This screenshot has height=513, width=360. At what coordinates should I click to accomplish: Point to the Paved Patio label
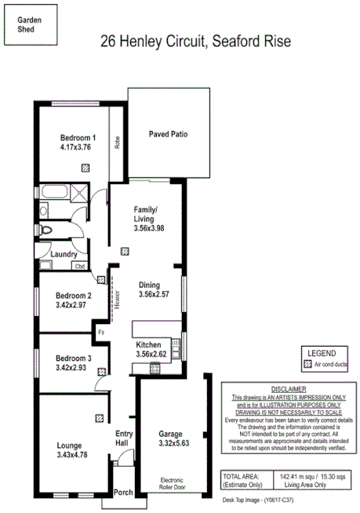click(168, 134)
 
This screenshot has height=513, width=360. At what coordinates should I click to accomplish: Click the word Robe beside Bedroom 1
click(117, 142)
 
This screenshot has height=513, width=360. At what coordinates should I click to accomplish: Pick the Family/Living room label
click(146, 210)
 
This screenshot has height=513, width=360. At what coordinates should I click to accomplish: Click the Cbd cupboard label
click(79, 266)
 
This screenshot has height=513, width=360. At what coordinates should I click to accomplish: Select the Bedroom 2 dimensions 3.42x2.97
click(75, 307)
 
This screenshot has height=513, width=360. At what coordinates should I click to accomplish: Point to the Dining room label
click(149, 285)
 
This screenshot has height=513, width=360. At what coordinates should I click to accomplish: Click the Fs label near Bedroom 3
click(101, 332)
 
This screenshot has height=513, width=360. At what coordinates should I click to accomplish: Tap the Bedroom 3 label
click(74, 357)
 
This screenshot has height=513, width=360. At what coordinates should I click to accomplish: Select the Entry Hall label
click(124, 439)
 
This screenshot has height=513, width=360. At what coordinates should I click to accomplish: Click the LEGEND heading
click(322, 354)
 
